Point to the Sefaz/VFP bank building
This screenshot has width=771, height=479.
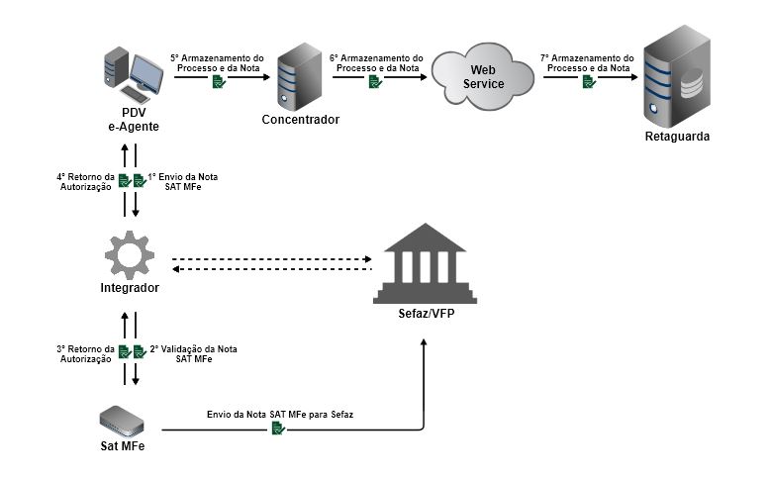(425, 263)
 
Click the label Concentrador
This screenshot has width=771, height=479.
(300, 120)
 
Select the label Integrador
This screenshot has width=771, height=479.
(130, 288)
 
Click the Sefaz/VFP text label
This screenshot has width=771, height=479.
(425, 316)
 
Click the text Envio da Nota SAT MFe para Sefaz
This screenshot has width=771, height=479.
(280, 414)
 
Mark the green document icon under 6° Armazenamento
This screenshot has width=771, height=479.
(374, 82)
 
